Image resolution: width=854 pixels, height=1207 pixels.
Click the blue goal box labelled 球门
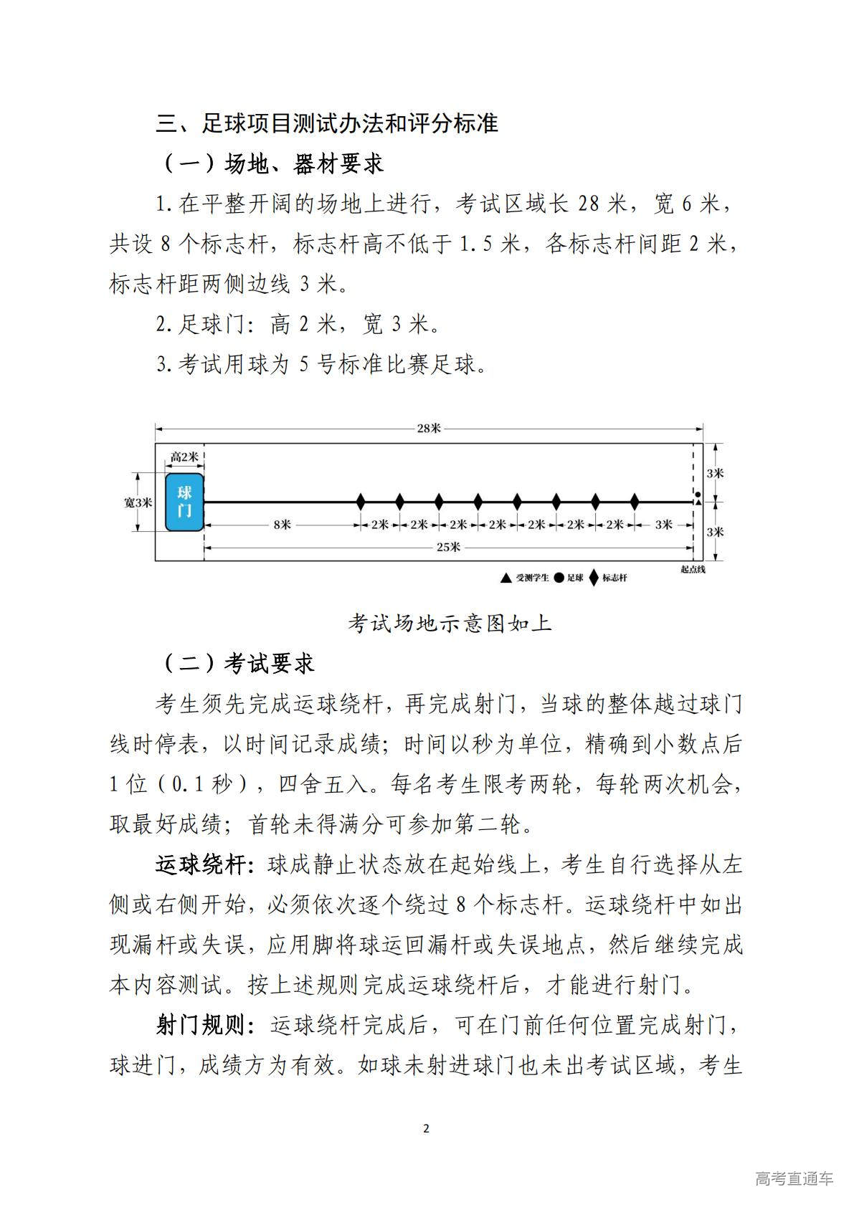click(x=184, y=502)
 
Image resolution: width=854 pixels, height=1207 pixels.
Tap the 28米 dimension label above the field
click(x=429, y=428)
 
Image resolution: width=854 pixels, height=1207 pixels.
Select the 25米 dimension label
click(x=448, y=547)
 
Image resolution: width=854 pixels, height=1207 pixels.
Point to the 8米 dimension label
click(x=282, y=525)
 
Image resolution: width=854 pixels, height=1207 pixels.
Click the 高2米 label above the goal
click(x=184, y=457)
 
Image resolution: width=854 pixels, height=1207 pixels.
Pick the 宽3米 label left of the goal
click(x=138, y=502)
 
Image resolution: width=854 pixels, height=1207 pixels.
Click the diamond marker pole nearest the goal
click(x=361, y=502)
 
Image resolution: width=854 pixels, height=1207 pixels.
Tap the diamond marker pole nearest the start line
click(x=634, y=502)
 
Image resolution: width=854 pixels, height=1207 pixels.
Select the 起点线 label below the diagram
click(x=693, y=569)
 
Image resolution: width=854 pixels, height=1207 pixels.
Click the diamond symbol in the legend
click(x=593, y=578)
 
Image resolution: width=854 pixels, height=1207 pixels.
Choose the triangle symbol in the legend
click(x=506, y=578)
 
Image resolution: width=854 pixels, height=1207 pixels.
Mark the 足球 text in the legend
click(x=575, y=578)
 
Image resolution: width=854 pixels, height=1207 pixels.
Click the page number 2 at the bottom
click(x=427, y=1128)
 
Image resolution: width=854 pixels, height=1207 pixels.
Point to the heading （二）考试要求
click(x=236, y=663)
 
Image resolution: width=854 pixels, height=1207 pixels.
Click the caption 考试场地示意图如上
click(x=450, y=623)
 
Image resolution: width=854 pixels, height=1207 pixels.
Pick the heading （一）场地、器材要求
click(x=270, y=163)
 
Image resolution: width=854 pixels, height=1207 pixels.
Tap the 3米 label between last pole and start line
click(x=664, y=525)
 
